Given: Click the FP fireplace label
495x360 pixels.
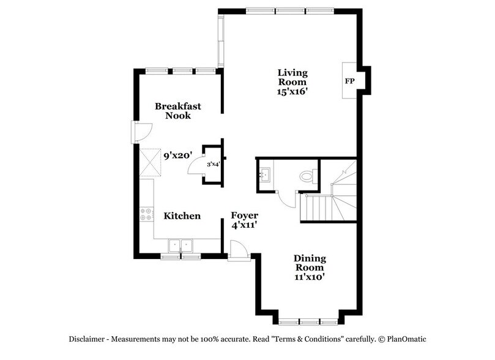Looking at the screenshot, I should pyautogui.click(x=350, y=81).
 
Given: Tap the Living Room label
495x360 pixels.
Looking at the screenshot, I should pyautogui.click(x=291, y=77).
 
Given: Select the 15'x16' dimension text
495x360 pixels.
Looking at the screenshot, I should pyautogui.click(x=291, y=91).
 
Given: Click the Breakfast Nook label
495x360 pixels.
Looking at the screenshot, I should pyautogui.click(x=177, y=111).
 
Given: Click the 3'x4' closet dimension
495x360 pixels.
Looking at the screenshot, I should pyautogui.click(x=213, y=164).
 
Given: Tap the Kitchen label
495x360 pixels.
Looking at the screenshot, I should pyautogui.click(x=182, y=216).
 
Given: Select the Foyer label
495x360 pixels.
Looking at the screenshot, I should pyautogui.click(x=244, y=216).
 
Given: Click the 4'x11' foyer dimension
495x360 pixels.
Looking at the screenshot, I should pyautogui.click(x=244, y=225).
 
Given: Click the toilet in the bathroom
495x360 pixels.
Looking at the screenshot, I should pyautogui.click(x=307, y=176).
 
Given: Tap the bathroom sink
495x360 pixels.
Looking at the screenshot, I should pyautogui.click(x=265, y=175).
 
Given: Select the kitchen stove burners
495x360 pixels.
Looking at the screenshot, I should pyautogui.click(x=147, y=215).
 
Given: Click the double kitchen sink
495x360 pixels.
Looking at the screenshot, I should pyautogui.click(x=181, y=246).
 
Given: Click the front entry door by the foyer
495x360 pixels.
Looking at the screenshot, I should pyautogui.click(x=237, y=251).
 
